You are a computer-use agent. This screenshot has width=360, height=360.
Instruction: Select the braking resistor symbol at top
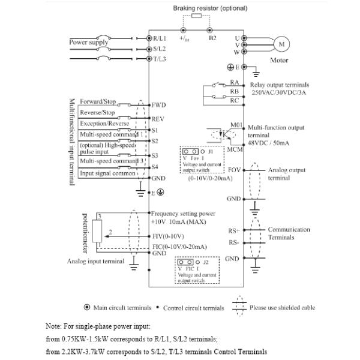(x=196, y=17)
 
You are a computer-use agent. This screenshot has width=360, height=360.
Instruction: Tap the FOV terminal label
(x=234, y=170)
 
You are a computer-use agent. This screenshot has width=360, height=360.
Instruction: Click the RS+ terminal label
(x=233, y=229)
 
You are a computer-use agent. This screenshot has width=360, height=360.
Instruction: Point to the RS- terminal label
(x=233, y=243)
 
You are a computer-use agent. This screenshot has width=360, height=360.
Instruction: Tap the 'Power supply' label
(x=88, y=43)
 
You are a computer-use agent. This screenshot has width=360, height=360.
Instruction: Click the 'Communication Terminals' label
(x=289, y=233)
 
